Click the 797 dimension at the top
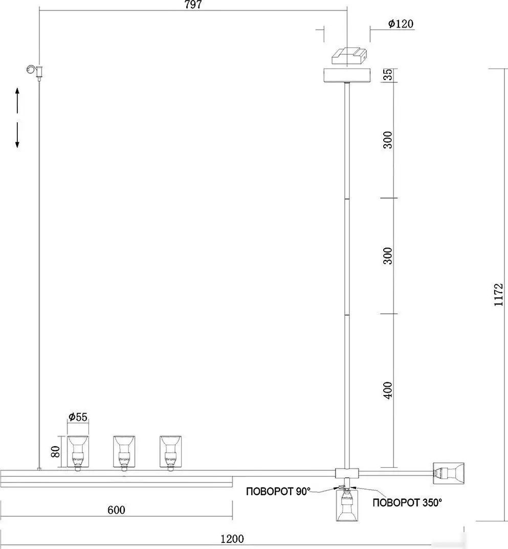tap(193, 5)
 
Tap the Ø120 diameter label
tap(401, 24)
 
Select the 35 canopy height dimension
tap(388, 75)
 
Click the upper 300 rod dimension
tap(388, 140)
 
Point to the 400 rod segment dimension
tap(388, 390)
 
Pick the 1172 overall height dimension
tap(498, 295)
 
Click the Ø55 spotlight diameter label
tap(78, 416)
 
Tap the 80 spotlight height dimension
tap(55, 452)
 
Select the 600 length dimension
tap(116, 510)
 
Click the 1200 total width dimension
tap(232, 538)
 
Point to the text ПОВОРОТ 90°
tap(278, 491)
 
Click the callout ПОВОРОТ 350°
tap(407, 503)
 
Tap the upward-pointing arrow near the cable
tap(17, 100)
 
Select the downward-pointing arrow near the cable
tap(17, 135)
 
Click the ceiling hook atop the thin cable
tap(35, 71)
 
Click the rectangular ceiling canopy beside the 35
tap(347, 76)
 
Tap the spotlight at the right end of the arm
tap(449, 473)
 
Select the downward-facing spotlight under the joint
tap(347, 504)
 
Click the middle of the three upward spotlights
tap(124, 452)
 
